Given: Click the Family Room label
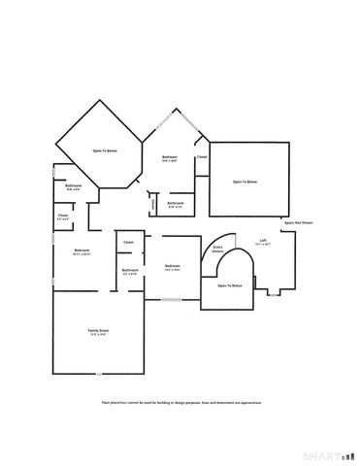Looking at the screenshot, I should (x=98, y=332).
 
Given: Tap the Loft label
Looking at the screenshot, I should (x=263, y=242).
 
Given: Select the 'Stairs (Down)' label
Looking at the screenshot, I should (x=217, y=249).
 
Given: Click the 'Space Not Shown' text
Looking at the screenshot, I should (x=298, y=222).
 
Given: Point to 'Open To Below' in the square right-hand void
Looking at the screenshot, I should (x=245, y=182).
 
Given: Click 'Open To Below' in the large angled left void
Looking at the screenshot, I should (x=105, y=151).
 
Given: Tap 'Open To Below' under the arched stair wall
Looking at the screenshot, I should (x=229, y=285).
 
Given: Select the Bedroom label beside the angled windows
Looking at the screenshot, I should (x=170, y=158).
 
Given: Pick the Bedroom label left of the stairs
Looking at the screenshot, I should (x=173, y=267).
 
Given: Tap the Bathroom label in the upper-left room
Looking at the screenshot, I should (x=73, y=186).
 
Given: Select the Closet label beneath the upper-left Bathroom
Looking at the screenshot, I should (x=63, y=216).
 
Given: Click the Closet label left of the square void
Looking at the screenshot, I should (x=202, y=156).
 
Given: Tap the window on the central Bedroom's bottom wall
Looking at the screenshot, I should (x=171, y=301).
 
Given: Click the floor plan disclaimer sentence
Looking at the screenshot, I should (x=180, y=401).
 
